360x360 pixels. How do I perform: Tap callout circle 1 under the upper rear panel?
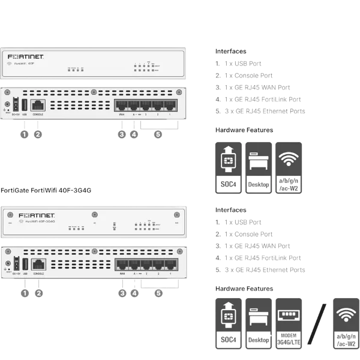pyautogui.click(x=24, y=134)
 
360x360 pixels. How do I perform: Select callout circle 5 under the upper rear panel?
pyautogui.click(x=158, y=134)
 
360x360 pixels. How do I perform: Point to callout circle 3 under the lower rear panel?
pyautogui.click(x=122, y=293)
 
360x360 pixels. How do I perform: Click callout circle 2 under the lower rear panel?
pyautogui.click(x=38, y=293)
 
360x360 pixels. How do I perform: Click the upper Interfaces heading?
pyautogui.click(x=230, y=52)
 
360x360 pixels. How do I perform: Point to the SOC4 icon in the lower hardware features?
pyautogui.click(x=229, y=324)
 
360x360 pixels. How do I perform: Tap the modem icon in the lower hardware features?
pyautogui.click(x=288, y=324)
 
